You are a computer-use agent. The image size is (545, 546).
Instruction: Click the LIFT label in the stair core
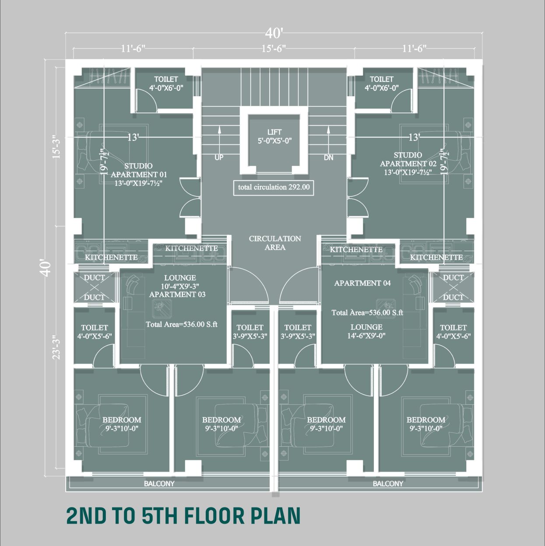pos(274,132)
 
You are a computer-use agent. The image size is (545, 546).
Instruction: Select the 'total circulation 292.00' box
pos(274,187)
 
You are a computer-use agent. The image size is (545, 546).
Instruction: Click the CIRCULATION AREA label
pos(275,243)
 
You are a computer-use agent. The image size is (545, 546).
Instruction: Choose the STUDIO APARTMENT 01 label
pos(139,170)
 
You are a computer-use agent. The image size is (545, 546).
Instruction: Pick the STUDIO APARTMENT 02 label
pos(408,159)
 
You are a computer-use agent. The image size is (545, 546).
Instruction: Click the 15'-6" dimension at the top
pos(273,49)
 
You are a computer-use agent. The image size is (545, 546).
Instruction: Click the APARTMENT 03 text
pos(177,294)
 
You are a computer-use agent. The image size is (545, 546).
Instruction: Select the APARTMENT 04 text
pos(362,283)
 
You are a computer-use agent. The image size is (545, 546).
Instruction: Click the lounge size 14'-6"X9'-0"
pos(366,336)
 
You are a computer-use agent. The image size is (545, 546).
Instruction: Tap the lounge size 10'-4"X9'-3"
pos(180,286)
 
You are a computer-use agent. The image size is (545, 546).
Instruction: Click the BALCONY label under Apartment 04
pos(388,484)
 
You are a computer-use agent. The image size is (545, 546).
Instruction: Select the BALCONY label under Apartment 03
pos(159,484)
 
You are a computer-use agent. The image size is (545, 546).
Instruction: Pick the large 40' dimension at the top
pos(274,34)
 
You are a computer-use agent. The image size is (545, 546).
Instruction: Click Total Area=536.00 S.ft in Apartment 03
pos(182,325)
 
